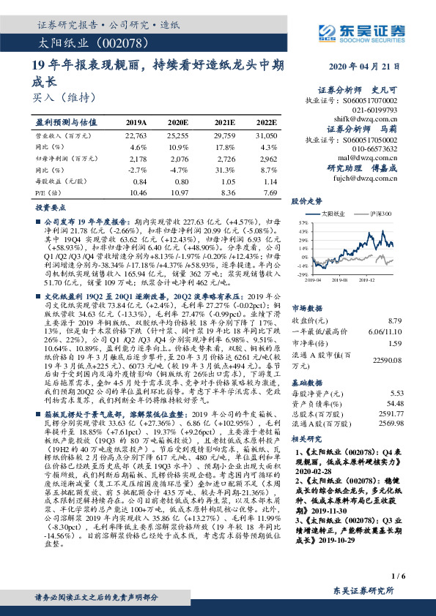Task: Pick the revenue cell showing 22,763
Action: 136,135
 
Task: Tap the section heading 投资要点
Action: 51,208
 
